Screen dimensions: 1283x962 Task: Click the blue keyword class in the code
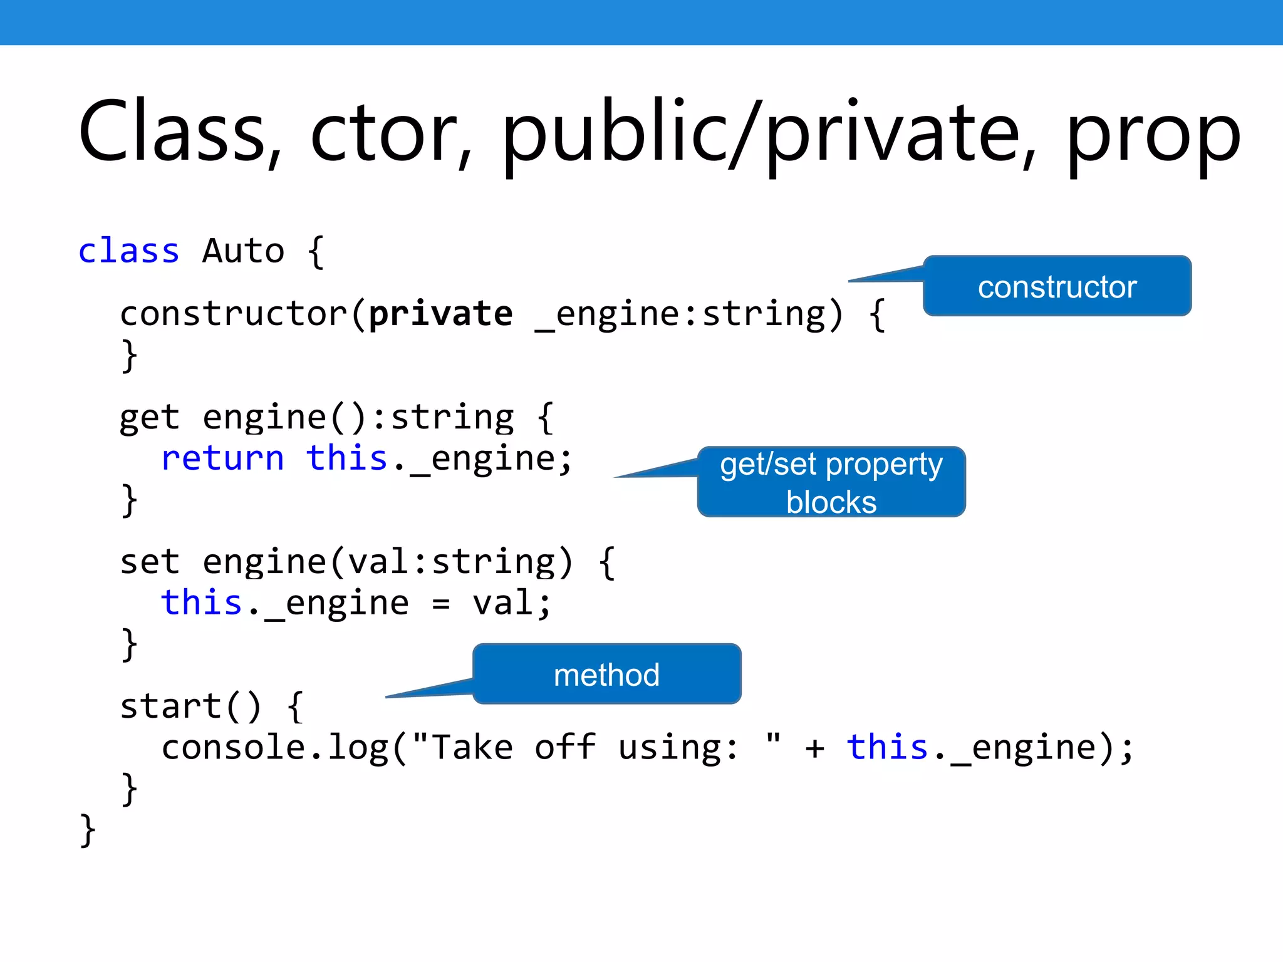(x=129, y=252)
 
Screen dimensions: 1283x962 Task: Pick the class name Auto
(x=243, y=252)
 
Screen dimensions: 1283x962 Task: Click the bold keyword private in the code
(x=440, y=314)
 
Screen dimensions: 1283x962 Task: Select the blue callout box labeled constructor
(x=1057, y=287)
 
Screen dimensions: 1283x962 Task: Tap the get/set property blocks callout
(x=831, y=482)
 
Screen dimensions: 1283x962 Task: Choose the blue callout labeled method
(x=606, y=675)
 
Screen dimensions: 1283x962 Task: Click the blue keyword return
(x=222, y=458)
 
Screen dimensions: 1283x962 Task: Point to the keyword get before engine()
(x=150, y=418)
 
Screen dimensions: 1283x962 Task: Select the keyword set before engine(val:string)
(x=150, y=562)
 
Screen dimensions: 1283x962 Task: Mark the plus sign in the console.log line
(x=814, y=748)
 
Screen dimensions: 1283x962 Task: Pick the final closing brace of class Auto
(x=88, y=830)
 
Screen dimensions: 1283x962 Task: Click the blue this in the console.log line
(x=886, y=747)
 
